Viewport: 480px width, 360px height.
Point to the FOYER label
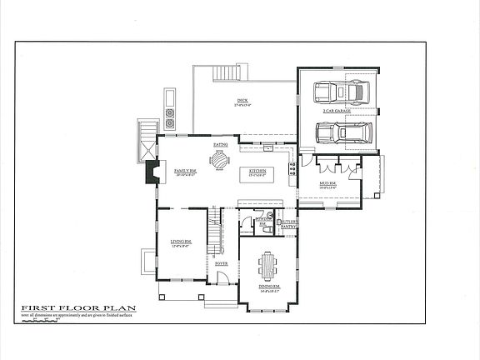tap(222, 263)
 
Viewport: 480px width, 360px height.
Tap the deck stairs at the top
tap(226, 73)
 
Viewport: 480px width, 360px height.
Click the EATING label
tap(221, 145)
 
